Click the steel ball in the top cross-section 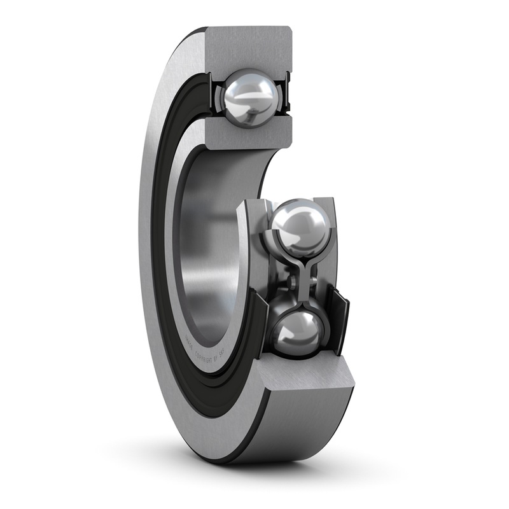click(249, 97)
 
